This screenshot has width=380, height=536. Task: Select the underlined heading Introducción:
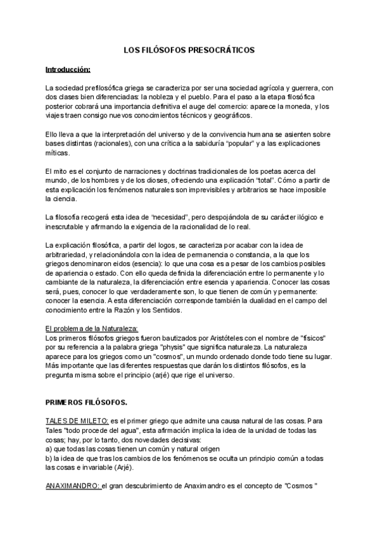tap(68, 69)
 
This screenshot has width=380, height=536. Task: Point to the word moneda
tap(293, 106)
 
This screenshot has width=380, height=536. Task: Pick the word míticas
tap(59, 153)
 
